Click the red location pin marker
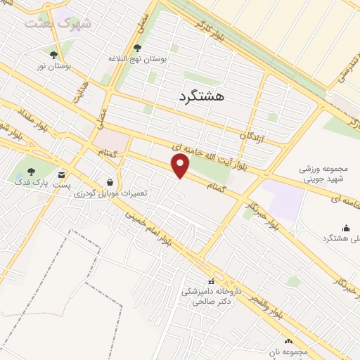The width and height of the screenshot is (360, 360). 181,166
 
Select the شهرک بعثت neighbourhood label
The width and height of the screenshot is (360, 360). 58,23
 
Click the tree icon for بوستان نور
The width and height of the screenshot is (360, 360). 53,55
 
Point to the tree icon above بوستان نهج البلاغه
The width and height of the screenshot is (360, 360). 137,49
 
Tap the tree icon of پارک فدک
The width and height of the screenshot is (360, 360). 30,171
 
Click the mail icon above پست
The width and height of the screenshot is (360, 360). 62,174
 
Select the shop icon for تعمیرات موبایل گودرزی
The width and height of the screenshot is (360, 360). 109,181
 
